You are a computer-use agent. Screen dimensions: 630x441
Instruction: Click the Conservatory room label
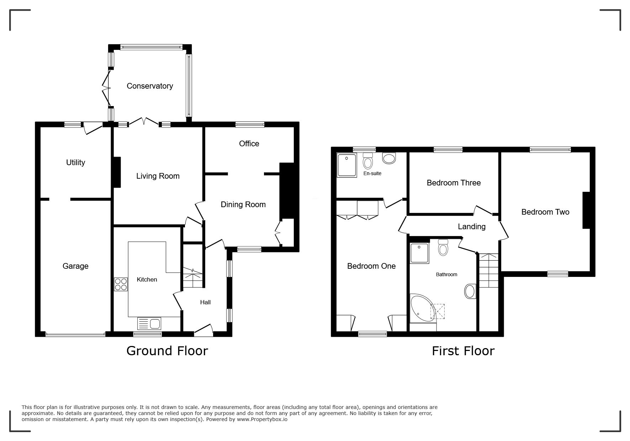coord(150,86)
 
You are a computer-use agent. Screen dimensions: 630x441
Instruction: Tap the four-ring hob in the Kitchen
coord(121,284)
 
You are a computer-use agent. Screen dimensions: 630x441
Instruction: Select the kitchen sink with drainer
coord(149,324)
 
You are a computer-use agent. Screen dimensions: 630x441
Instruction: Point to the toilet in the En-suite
coord(368,161)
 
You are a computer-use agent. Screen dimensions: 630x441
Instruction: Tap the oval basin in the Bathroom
coord(470,291)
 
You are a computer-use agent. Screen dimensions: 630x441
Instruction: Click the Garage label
coord(75,266)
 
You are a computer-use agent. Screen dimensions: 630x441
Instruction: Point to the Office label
coord(249,143)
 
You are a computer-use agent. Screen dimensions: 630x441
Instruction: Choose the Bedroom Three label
coord(454,183)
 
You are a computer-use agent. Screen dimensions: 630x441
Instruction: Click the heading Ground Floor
coord(167,351)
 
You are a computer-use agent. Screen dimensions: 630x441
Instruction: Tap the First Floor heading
coord(463,351)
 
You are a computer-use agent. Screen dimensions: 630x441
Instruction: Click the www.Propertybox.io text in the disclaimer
coord(262,419)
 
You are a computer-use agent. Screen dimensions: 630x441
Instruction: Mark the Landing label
coord(472,226)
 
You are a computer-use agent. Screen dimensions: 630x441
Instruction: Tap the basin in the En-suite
coord(389,158)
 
